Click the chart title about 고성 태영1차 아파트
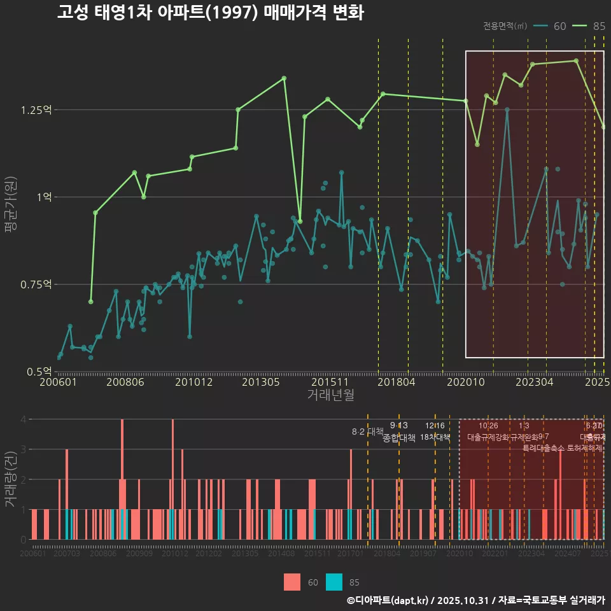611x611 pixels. point(210,13)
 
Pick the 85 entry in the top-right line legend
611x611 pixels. point(590,26)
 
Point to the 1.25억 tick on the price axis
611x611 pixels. point(36,110)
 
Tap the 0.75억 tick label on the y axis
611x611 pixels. point(36,284)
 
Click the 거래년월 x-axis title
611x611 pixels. point(330,395)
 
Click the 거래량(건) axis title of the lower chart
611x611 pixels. point(11,480)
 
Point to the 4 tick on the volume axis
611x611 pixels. point(23,419)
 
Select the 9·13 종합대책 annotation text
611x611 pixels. point(399,432)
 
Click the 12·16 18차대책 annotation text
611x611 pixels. point(435,432)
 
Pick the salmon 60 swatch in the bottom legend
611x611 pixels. point(292,582)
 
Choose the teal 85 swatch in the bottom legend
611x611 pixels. point(334,582)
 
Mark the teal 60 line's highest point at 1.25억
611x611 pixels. point(507,109)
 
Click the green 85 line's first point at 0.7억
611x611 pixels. point(90,302)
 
